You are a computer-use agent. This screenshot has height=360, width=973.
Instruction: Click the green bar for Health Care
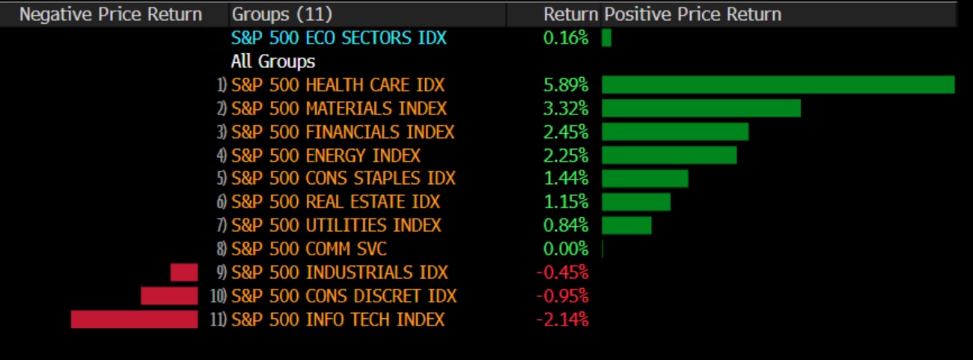tap(778, 85)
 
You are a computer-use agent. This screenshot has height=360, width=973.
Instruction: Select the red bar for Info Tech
tap(135, 320)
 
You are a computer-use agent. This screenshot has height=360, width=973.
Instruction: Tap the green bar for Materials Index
tap(701, 109)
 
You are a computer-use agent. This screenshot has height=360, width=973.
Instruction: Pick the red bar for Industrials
tap(184, 272)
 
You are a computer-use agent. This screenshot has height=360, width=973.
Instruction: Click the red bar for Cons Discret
tap(169, 296)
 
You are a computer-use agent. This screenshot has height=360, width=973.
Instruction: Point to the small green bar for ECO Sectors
tap(606, 37)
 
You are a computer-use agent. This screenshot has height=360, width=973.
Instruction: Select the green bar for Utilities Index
tap(626, 225)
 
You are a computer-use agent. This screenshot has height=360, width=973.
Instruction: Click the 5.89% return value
tap(566, 85)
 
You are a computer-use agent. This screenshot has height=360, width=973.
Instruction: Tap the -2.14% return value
tap(562, 320)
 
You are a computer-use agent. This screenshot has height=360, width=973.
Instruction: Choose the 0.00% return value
tap(566, 249)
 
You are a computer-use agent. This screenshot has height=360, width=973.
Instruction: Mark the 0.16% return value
tap(566, 37)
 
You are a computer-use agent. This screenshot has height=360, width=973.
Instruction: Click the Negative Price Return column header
tap(111, 14)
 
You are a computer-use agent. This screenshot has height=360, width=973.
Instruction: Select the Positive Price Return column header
tap(692, 14)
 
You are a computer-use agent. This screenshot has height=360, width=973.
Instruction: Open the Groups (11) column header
tap(282, 14)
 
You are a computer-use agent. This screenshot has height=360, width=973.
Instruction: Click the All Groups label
tap(272, 61)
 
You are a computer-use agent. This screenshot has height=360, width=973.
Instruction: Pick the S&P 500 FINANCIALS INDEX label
tap(343, 132)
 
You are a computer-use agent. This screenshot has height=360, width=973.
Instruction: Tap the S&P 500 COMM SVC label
tap(309, 249)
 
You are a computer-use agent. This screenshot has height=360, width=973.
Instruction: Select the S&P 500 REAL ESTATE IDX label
tap(336, 202)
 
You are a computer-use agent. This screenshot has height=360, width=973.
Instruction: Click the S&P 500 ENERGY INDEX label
tap(326, 156)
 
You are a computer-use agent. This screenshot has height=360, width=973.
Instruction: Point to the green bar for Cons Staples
tap(644, 179)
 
